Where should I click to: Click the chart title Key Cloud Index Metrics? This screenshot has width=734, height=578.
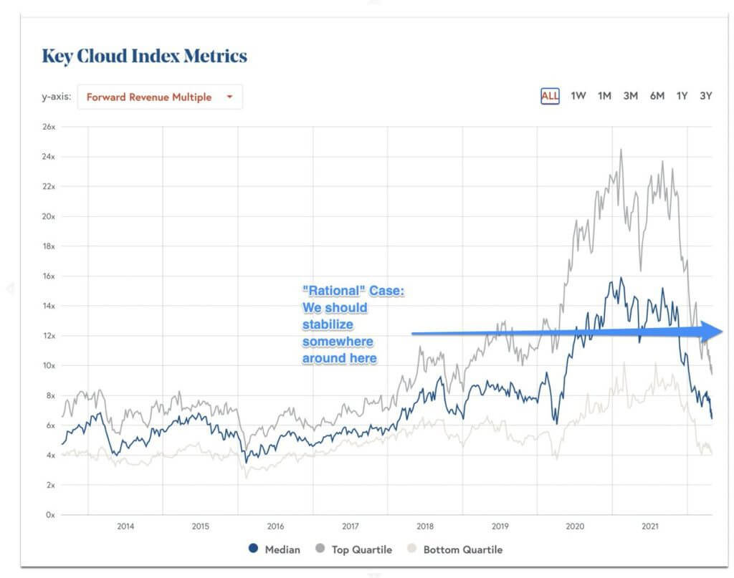[x=144, y=57]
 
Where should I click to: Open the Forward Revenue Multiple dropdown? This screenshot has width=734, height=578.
[x=159, y=97]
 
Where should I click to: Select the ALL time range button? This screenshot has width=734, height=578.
[x=550, y=96]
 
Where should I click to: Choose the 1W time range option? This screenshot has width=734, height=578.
[x=578, y=96]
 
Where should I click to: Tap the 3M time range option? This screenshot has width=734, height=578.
[x=630, y=96]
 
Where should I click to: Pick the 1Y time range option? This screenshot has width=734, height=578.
[x=682, y=96]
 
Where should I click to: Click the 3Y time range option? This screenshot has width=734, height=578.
[x=705, y=96]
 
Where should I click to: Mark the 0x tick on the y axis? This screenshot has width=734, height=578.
[x=49, y=515]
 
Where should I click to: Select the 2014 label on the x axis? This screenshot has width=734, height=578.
[x=125, y=526]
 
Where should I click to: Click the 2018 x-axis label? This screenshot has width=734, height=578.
[x=425, y=526]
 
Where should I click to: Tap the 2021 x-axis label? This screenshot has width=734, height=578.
[x=649, y=526]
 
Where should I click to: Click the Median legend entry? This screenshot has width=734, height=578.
[x=274, y=549]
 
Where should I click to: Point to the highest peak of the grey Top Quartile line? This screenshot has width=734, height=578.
[x=621, y=150]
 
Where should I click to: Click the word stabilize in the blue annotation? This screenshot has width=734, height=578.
[x=327, y=324]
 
